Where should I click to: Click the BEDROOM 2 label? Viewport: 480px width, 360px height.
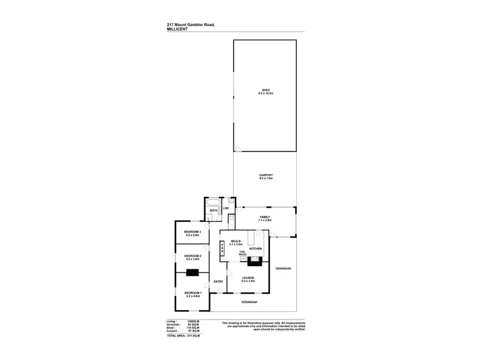pos(193,257)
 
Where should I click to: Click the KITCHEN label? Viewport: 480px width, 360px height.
pos(256,248)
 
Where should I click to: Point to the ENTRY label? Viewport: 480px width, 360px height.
pos(218,281)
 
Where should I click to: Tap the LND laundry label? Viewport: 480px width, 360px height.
pos(226,208)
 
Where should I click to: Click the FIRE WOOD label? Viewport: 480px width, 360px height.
pos(243,254)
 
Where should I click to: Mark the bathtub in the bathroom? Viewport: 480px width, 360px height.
pos(212,202)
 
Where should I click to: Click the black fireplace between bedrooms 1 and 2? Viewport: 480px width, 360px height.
pos(193,273)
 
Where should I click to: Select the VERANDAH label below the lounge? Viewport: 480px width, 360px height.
pos(249,301)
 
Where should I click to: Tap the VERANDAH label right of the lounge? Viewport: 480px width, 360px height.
pos(283,269)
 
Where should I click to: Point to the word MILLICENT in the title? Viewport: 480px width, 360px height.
pos(177,28)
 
